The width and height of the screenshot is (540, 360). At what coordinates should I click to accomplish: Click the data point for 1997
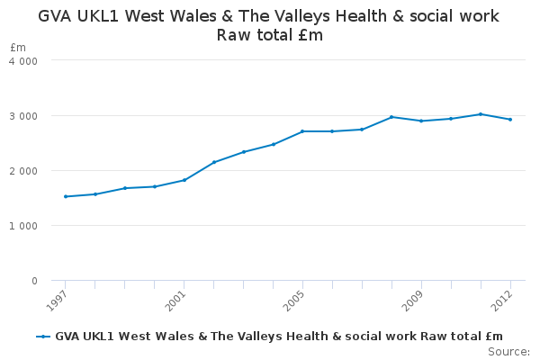point(66,196)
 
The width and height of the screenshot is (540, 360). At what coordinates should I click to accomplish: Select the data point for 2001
point(184,180)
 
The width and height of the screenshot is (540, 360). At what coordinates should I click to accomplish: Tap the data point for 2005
point(302,131)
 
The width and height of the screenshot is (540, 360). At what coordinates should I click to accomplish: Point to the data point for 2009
point(421,121)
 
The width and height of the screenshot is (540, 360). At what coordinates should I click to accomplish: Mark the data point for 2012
point(510,120)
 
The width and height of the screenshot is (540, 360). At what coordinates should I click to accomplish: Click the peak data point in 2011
point(481,114)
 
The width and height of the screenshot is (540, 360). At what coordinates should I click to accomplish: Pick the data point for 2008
point(391,117)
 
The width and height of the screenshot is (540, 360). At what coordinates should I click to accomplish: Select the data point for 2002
point(214,162)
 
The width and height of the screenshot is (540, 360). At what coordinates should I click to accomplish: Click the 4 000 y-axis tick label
point(23,61)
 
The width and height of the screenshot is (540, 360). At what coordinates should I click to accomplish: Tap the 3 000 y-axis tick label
point(23,116)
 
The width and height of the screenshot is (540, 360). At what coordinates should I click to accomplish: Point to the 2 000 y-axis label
point(23,171)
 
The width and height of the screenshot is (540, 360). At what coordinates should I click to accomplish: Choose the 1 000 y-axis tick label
point(23,226)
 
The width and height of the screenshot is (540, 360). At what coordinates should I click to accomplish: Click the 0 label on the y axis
point(34,281)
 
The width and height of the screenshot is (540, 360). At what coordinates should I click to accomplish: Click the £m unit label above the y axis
point(18,47)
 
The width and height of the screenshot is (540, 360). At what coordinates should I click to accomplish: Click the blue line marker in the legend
point(43,337)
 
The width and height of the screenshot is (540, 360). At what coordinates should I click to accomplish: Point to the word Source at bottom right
point(508,352)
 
